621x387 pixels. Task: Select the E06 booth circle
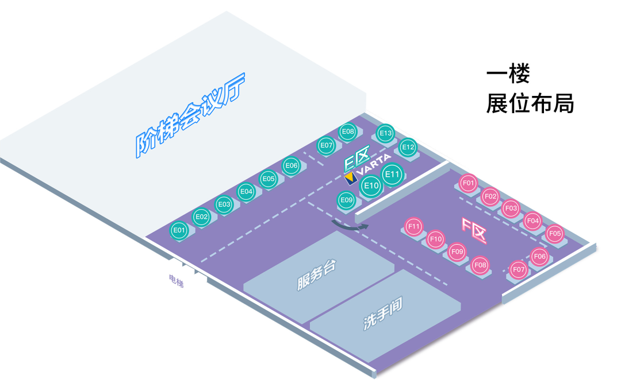point(292,166)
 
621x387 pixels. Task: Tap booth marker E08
point(347,132)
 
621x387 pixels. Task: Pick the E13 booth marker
point(385,134)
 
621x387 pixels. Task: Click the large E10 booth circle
point(371,185)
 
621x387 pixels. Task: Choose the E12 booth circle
point(408,148)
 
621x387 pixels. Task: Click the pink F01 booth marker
point(469,184)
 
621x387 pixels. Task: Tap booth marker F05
point(555,234)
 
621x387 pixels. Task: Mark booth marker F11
point(414,227)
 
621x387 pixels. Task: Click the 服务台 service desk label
point(316,275)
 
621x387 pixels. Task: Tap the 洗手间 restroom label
point(382,314)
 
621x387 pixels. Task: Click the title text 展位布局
point(530,104)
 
